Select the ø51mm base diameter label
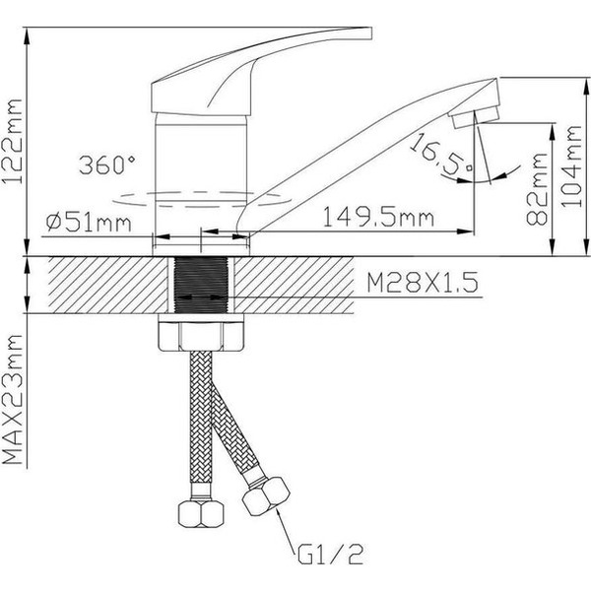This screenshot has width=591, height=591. click(x=89, y=224)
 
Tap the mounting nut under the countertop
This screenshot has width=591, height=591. click(x=201, y=335)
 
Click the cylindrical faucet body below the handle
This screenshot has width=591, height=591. click(x=201, y=148)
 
